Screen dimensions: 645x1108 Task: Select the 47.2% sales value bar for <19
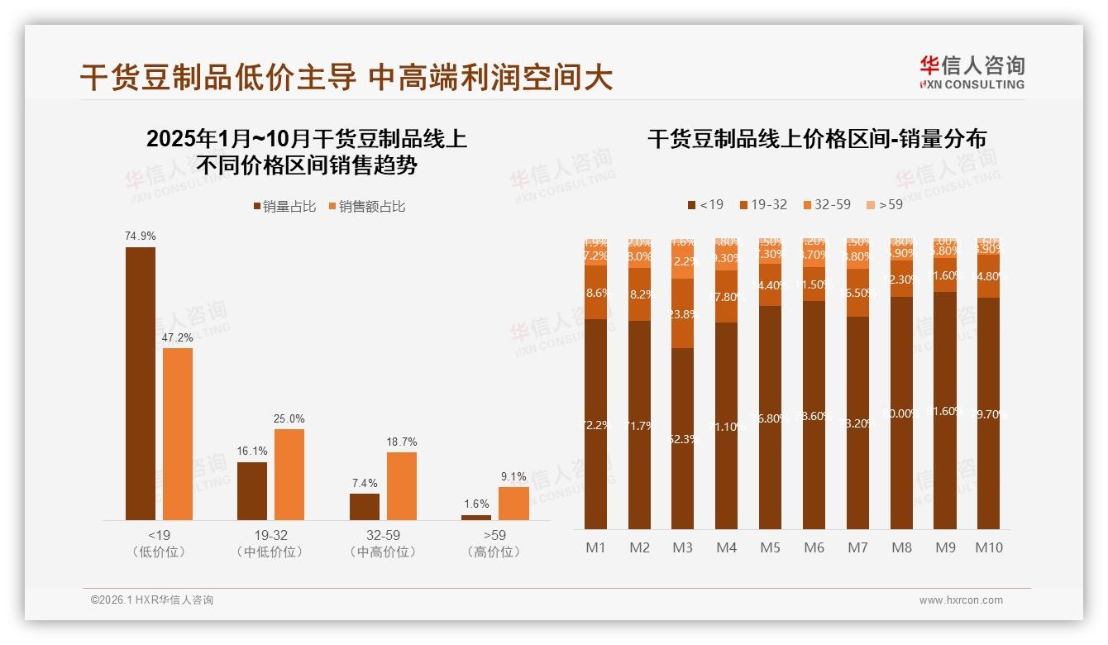pos(178,433)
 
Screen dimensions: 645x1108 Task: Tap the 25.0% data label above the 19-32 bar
pos(289,418)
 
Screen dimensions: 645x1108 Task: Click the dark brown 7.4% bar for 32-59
pos(364,506)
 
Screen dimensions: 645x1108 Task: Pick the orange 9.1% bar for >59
pos(513,503)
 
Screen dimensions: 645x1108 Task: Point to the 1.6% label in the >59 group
pos(476,504)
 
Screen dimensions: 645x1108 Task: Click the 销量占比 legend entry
pos(284,207)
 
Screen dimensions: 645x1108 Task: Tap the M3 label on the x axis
pos(682,547)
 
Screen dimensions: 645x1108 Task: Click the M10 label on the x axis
pos(988,547)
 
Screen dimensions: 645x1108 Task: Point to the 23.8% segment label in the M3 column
pos(683,314)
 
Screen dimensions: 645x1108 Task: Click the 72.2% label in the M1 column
pos(595,425)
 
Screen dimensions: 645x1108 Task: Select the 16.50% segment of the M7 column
pos(857,293)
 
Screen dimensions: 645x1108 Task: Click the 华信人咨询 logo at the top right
pos(972,72)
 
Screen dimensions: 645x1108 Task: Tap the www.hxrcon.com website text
pos(960,600)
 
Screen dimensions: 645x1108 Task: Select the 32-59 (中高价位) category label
pos(383,543)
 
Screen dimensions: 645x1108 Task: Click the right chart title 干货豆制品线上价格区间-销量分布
pos(816,139)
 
